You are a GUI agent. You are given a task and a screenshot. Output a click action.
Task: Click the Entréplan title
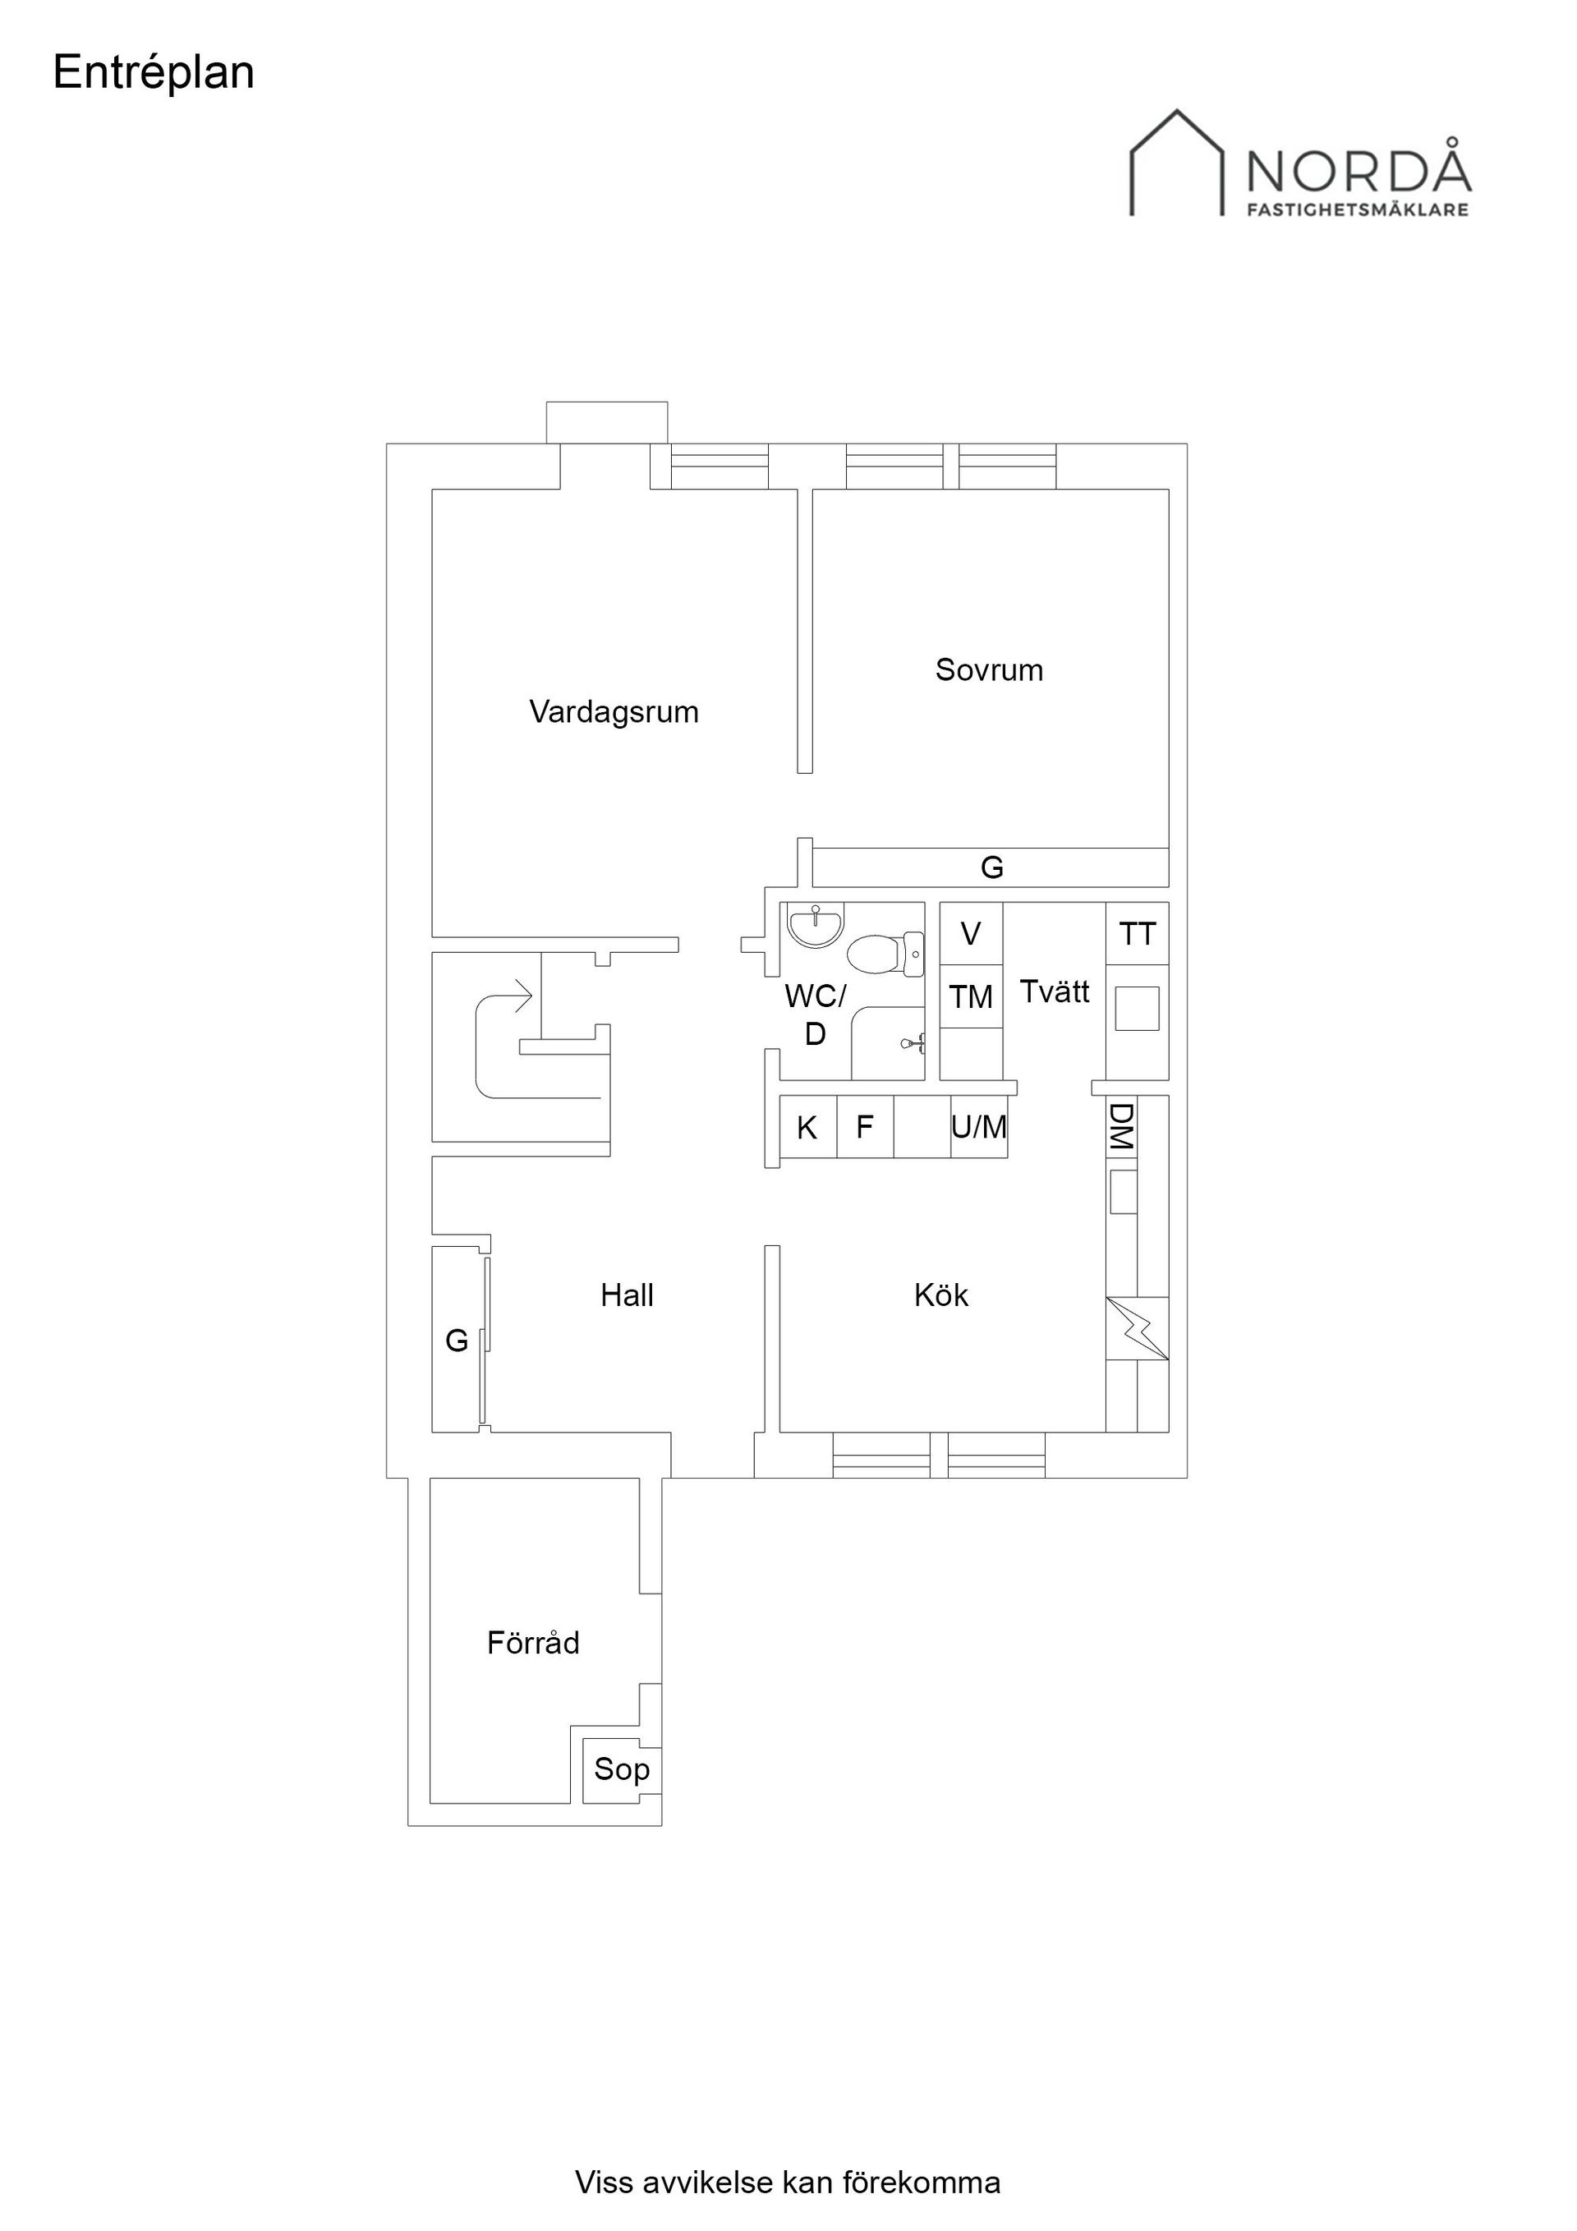click(x=154, y=73)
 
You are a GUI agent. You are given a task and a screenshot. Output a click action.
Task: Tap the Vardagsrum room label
click(x=614, y=713)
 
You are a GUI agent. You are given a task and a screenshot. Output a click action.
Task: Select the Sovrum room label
click(x=989, y=669)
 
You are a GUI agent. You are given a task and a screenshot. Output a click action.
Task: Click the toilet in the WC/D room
click(x=885, y=953)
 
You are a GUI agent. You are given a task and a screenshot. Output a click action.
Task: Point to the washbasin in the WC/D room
click(x=816, y=925)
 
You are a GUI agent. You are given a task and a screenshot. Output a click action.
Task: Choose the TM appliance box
click(x=971, y=997)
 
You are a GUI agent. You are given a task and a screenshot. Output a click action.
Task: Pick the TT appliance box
click(x=1137, y=934)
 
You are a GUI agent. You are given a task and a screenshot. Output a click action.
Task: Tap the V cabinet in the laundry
click(x=971, y=934)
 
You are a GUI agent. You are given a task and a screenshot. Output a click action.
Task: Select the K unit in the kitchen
click(x=808, y=1127)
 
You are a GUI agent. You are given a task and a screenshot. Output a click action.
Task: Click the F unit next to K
click(x=865, y=1127)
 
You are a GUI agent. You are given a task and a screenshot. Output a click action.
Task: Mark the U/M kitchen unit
click(x=978, y=1127)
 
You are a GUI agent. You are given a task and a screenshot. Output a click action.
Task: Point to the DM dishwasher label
click(x=1121, y=1127)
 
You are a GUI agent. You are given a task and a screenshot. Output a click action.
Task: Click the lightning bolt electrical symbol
click(x=1137, y=1328)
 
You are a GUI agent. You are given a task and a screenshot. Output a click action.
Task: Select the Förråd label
click(x=533, y=1643)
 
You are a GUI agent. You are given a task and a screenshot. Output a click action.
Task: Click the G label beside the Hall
click(x=457, y=1341)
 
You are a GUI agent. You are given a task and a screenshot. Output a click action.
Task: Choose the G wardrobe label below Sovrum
click(x=992, y=867)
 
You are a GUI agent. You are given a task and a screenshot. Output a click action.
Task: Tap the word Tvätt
click(x=1055, y=991)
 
